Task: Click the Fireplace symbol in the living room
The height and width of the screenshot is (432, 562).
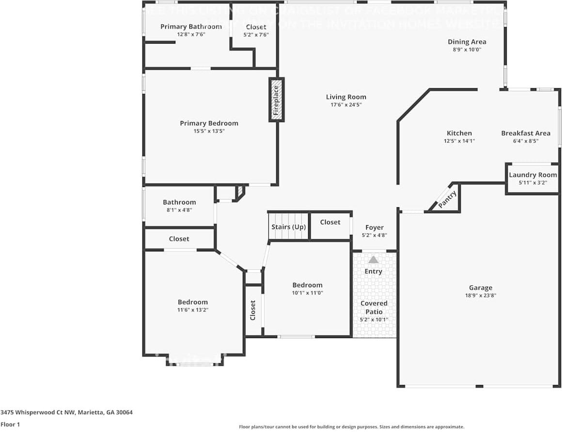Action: tap(276, 100)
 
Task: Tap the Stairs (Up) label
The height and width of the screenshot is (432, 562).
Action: tap(288, 227)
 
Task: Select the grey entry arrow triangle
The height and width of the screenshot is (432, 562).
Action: tap(373, 260)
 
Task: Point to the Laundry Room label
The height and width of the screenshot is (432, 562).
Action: tap(532, 175)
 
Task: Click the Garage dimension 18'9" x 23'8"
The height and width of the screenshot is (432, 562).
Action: tap(480, 295)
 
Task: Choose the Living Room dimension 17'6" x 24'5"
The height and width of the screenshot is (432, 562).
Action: tap(346, 105)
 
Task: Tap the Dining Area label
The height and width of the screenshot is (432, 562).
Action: tap(467, 42)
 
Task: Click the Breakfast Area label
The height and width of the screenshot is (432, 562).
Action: tap(526, 133)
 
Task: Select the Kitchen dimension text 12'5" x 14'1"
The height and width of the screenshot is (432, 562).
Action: tap(459, 141)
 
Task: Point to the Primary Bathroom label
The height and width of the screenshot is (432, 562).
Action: tap(191, 27)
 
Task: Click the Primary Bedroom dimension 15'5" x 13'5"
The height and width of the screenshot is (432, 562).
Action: tap(209, 131)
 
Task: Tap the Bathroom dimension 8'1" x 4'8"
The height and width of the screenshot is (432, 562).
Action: tap(179, 210)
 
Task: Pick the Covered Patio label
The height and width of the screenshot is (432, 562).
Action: tap(374, 308)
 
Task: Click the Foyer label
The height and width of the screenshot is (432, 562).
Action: tap(374, 227)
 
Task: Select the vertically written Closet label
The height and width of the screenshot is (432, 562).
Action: tap(253, 310)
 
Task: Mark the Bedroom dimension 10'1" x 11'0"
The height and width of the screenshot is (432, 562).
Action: tap(307, 293)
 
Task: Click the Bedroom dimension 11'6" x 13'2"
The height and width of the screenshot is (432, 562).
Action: tap(192, 309)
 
